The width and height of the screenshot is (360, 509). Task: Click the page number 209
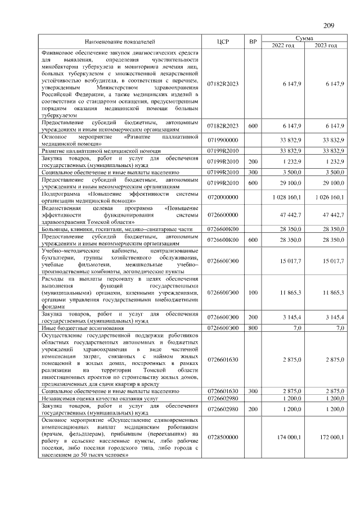coord(329,25)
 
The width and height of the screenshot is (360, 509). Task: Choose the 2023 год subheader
coord(326,46)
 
